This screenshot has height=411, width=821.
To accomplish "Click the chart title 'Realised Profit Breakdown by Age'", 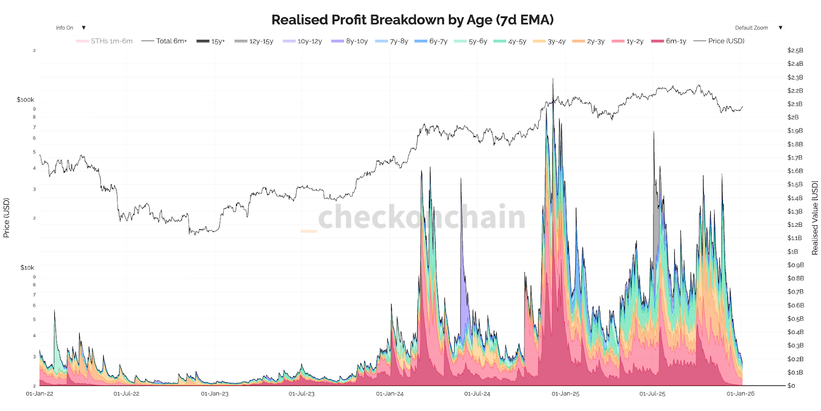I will coord(412,20).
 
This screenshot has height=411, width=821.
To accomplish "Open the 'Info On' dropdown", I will coord(70,28).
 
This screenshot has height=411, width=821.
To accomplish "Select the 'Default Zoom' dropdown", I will coord(757,28).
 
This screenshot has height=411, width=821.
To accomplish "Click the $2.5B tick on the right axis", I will coord(795,50).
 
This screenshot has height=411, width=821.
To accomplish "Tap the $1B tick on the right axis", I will coord(793,251).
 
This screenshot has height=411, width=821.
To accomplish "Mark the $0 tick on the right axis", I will coord(791,385).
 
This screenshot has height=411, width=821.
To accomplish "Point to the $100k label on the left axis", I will coord(25,100).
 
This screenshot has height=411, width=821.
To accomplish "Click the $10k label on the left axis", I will coord(27,267).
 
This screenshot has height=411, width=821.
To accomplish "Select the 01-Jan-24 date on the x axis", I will coord(390,394).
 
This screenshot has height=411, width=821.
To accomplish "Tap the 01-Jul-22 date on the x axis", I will coord(126,394).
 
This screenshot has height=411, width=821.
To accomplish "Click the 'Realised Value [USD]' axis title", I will coord(814,218).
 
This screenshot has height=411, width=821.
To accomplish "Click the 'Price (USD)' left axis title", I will coord(7,218).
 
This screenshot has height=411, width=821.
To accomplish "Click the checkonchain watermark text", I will coord(422,217).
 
